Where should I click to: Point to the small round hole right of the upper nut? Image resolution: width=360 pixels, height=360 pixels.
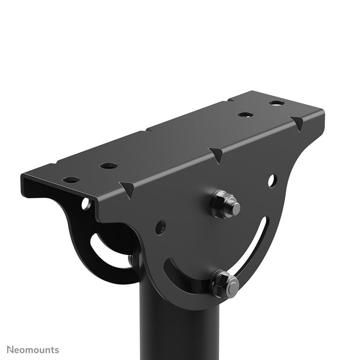pos(272,181)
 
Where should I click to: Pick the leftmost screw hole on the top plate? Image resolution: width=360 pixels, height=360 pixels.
pos(71,180)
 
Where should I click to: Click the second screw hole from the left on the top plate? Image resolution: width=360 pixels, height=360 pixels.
pos(108,166)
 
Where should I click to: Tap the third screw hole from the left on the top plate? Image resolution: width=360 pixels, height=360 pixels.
pos(244,114)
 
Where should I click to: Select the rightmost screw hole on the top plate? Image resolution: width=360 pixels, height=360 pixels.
pos(276,103)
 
